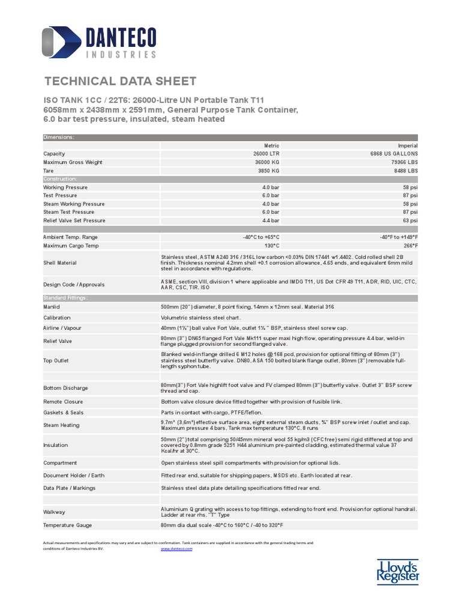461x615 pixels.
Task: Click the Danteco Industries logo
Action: pyautogui.click(x=99, y=42)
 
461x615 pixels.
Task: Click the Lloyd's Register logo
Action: pyautogui.click(x=397, y=571)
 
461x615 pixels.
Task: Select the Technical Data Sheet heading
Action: pyautogui.click(x=121, y=82)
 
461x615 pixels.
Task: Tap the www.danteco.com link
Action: pyautogui.click(x=176, y=548)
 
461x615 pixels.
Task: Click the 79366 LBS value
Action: pyautogui.click(x=404, y=162)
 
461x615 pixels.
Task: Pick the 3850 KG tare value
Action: pyautogui.click(x=268, y=171)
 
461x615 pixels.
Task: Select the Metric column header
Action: pyautogui.click(x=272, y=145)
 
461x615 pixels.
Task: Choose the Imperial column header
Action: pyautogui.click(x=408, y=145)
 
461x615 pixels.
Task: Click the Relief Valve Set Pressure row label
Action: pyautogui.click(x=74, y=220)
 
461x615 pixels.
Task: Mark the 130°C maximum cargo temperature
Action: pyautogui.click(x=272, y=245)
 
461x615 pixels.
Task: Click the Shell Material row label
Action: pyautogui.click(x=60, y=262)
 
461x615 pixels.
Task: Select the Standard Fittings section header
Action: pyautogui.click(x=65, y=298)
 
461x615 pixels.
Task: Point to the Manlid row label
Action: pyautogui.click(x=52, y=307)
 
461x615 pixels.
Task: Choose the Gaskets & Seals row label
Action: pyautogui.click(x=64, y=413)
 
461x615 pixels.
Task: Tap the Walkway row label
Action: pyautogui.click(x=54, y=512)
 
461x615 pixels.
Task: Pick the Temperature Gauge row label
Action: pyautogui.click(x=67, y=525)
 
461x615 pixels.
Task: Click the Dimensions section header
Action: pyautogui.click(x=59, y=137)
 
